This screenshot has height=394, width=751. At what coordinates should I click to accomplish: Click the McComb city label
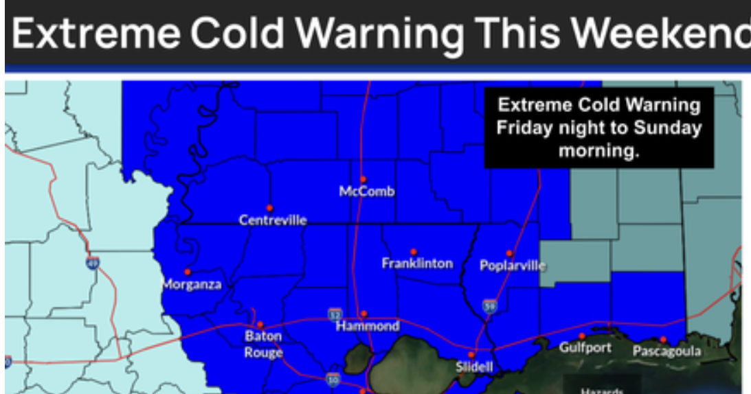click(x=367, y=192)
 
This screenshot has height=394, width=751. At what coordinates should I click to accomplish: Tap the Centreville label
click(x=273, y=220)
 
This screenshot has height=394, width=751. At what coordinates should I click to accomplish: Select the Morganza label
click(x=191, y=284)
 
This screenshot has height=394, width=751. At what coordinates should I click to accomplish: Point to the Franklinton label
click(x=417, y=263)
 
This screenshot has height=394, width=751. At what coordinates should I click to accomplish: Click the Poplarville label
click(x=513, y=266)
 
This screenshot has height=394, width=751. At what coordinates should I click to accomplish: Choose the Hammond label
click(x=368, y=326)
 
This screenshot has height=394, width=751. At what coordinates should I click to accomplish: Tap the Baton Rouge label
click(x=264, y=345)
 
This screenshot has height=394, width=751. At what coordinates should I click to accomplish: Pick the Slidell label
click(x=474, y=367)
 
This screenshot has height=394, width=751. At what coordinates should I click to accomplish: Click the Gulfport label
click(x=585, y=347)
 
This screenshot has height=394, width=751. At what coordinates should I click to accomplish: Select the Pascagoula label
click(x=666, y=351)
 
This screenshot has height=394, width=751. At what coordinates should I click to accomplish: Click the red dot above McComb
click(x=363, y=179)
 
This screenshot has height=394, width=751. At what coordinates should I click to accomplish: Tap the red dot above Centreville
click(x=269, y=207)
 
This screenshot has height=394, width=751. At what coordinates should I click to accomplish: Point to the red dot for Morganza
click(x=187, y=272)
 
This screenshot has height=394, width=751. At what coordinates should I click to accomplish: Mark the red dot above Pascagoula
click(x=663, y=339)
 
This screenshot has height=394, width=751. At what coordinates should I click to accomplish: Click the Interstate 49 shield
click(x=93, y=262)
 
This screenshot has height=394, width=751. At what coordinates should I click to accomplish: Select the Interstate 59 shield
click(x=489, y=305)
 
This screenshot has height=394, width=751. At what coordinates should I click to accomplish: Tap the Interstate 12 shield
click(x=334, y=314)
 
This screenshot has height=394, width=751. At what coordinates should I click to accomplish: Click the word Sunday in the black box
click(x=668, y=128)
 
